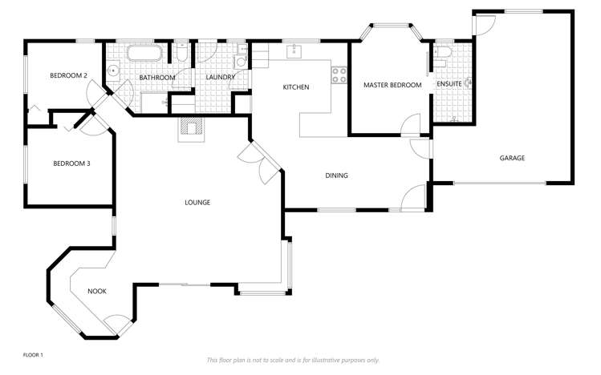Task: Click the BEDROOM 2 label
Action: click(x=68, y=75)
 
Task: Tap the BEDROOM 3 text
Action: click(x=71, y=163)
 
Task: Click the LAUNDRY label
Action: click(x=219, y=77)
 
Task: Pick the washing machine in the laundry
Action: click(x=240, y=62)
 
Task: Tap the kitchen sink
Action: click(x=294, y=51)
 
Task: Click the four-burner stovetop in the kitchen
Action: click(x=339, y=75)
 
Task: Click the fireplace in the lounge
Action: click(x=191, y=128)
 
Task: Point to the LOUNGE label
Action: click(x=197, y=203)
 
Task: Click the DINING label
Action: click(x=336, y=175)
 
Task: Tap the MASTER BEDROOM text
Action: click(x=392, y=84)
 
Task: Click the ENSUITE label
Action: click(x=448, y=84)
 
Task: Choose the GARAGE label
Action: click(x=512, y=158)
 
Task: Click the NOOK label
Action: click(x=97, y=291)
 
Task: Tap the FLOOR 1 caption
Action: click(x=33, y=354)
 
